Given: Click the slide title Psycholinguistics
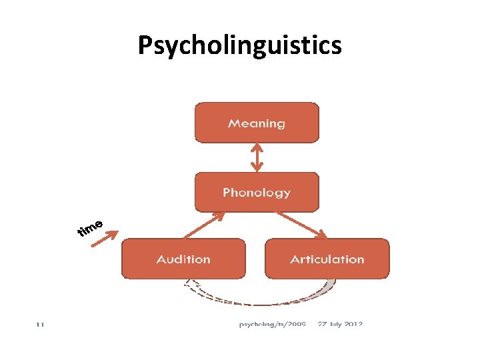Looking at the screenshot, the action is click(239, 46).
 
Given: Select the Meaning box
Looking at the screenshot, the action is click(257, 123).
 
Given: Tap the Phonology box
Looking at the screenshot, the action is click(257, 193).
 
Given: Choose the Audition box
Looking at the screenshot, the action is click(183, 259).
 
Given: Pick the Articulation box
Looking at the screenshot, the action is click(327, 259).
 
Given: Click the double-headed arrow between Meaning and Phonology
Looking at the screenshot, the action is click(257, 158).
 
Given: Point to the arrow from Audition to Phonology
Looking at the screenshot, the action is click(203, 226).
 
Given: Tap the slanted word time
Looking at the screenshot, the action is click(89, 228).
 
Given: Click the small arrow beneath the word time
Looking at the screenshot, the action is click(104, 239).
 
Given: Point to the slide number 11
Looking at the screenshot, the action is click(40, 325).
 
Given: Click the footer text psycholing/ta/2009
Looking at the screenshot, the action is click(272, 325).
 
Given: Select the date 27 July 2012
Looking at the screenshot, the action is click(339, 325).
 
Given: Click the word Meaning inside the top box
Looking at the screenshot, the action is click(257, 123).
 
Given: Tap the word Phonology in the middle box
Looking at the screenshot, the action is click(257, 193).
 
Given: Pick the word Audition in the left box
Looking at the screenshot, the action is click(183, 259).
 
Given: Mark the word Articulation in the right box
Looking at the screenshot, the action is click(327, 259).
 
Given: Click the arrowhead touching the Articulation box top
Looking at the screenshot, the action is click(321, 235).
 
